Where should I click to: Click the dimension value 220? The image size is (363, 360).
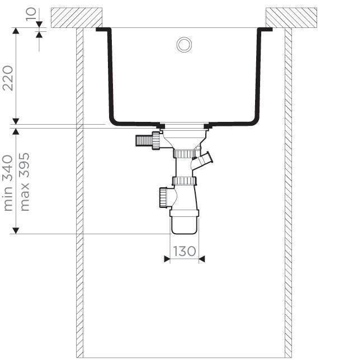click(7, 78)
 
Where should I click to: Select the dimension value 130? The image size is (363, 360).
click(184, 251)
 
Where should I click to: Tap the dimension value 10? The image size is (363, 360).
click(31, 14)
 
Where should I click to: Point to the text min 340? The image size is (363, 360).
click(7, 183)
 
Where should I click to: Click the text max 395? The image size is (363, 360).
click(25, 182)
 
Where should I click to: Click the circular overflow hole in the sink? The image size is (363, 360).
click(184, 44)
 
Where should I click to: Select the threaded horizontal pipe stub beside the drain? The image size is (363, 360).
click(144, 141)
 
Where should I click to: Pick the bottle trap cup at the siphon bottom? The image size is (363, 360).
click(185, 221)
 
